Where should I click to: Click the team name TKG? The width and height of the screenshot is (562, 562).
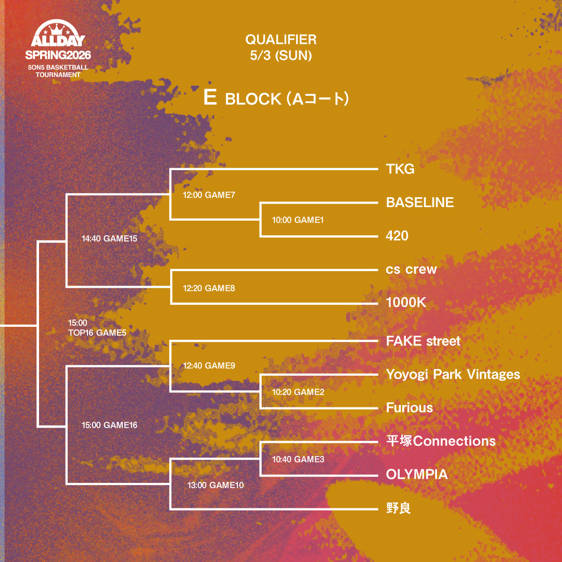click(x=400, y=169)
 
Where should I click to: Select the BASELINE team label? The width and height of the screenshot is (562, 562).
click(x=420, y=202)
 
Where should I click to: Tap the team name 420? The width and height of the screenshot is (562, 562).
click(x=397, y=236)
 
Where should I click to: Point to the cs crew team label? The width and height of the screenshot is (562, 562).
click(x=411, y=270)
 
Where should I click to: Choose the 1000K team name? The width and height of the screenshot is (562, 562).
click(x=406, y=303)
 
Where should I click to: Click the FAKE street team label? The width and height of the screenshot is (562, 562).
click(x=423, y=341)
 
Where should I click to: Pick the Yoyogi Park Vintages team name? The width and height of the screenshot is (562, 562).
click(x=453, y=375)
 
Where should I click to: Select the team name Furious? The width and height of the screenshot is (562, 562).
click(x=410, y=408)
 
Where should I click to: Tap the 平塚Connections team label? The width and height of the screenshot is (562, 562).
click(x=441, y=441)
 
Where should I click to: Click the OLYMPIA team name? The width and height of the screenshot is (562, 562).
click(x=417, y=475)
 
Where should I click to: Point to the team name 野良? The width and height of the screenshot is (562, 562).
click(x=399, y=508)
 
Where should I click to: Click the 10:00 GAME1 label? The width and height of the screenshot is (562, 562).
click(x=298, y=220)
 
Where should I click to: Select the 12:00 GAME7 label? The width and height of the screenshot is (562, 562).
click(x=209, y=196)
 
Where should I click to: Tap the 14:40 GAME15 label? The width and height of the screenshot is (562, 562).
click(x=109, y=239)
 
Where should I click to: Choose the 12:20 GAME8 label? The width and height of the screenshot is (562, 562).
click(x=209, y=288)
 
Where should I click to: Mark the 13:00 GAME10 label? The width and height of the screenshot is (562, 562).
click(x=215, y=485)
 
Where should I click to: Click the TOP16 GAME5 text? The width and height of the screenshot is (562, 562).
click(x=97, y=333)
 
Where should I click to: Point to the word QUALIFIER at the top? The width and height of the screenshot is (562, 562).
click(x=281, y=40)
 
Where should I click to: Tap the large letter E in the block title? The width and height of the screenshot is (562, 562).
click(x=210, y=98)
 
